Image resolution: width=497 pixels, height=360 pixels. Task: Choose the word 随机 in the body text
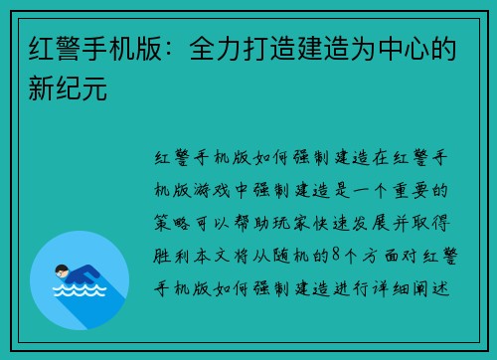click(282, 255)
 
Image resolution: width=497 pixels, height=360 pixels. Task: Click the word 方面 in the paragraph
click(376, 255)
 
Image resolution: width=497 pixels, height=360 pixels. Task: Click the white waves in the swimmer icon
click(80, 294)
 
